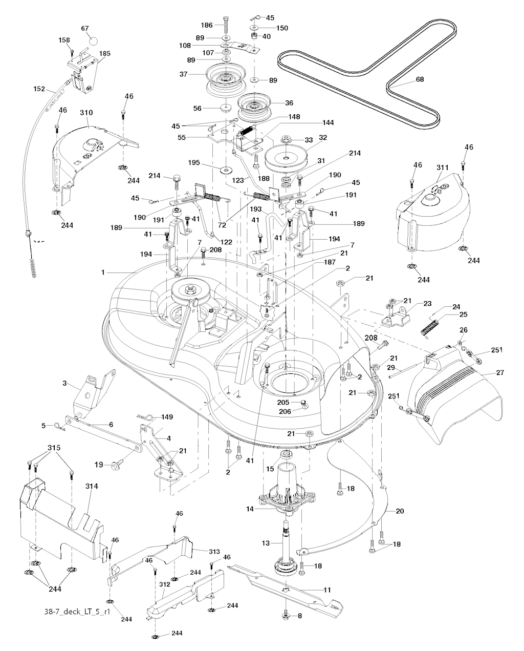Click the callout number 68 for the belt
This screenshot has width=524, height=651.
tap(420, 79)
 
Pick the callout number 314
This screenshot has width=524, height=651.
tap(92, 486)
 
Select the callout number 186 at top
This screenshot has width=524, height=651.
tap(206, 25)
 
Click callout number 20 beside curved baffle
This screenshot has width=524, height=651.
tap(400, 511)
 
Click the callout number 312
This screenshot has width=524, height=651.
tap(164, 584)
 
